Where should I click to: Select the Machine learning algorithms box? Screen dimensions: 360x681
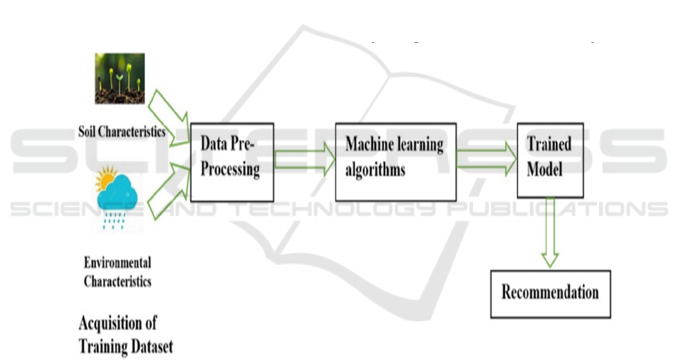coord(395,161)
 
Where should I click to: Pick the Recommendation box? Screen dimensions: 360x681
coord(549,292)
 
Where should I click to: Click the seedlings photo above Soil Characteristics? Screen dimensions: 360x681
coord(119,78)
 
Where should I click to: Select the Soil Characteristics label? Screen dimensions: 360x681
coord(122,132)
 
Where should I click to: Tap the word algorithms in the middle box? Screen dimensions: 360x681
coord(375,169)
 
